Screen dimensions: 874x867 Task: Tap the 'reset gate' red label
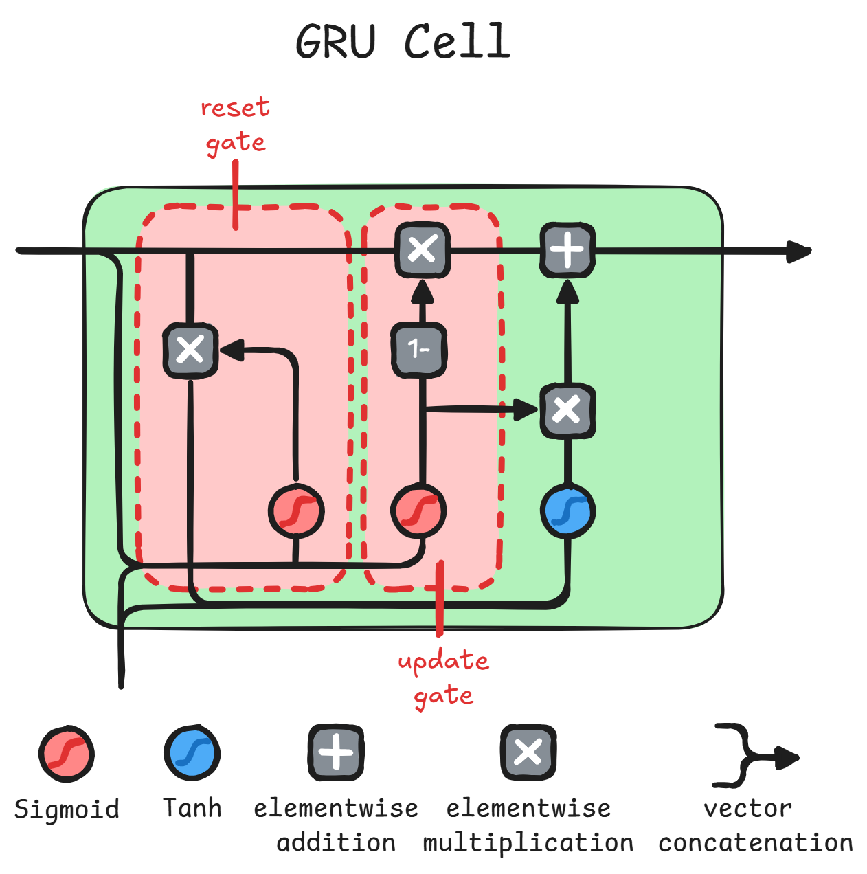coord(235,125)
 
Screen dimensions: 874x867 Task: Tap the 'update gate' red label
coord(443,677)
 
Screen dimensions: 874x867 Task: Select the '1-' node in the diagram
coord(419,350)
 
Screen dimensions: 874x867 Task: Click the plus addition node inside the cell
coord(567,250)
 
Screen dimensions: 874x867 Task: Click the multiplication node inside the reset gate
coord(190,350)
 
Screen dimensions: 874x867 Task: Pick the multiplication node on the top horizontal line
coord(423,249)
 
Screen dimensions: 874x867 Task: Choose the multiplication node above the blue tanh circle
coord(567,411)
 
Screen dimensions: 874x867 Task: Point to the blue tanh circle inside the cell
coord(567,512)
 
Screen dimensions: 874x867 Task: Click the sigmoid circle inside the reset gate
coord(295,512)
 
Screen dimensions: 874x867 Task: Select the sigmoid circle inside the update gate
coord(418,512)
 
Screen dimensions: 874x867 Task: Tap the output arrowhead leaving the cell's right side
coord(798,251)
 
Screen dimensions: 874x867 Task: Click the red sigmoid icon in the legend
coord(66,754)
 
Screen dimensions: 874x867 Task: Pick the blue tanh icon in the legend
coord(192,752)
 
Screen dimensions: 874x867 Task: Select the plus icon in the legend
coord(335,752)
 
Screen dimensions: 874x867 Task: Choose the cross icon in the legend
coord(528,752)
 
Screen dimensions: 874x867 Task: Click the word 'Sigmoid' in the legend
coord(67,809)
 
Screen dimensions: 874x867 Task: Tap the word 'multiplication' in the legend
coord(528,843)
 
